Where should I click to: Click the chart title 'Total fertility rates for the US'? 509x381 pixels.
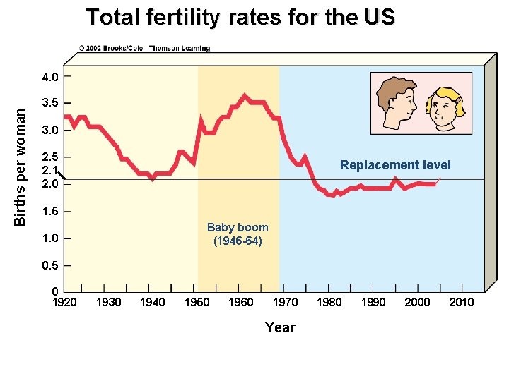(240, 18)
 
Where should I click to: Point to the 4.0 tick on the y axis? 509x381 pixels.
(50, 76)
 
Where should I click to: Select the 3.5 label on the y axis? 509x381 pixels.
(50, 103)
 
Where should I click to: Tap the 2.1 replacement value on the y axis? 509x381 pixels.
(49, 170)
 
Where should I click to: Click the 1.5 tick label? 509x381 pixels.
(50, 211)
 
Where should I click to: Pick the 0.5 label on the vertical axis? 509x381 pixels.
(50, 265)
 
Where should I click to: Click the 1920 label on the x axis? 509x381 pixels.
(65, 303)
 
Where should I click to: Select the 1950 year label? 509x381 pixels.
(197, 303)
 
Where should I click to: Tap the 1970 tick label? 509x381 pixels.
(285, 303)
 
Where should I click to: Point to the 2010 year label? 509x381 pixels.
(461, 303)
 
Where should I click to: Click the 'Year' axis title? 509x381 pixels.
(280, 327)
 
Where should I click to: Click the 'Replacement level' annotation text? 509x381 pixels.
(394, 165)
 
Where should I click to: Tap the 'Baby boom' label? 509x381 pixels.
(238, 227)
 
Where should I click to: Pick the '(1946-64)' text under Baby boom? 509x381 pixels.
(238, 241)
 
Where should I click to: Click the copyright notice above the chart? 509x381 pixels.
(144, 49)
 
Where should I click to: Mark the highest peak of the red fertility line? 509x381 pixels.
(245, 95)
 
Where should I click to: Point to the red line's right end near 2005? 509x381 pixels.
(438, 181)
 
